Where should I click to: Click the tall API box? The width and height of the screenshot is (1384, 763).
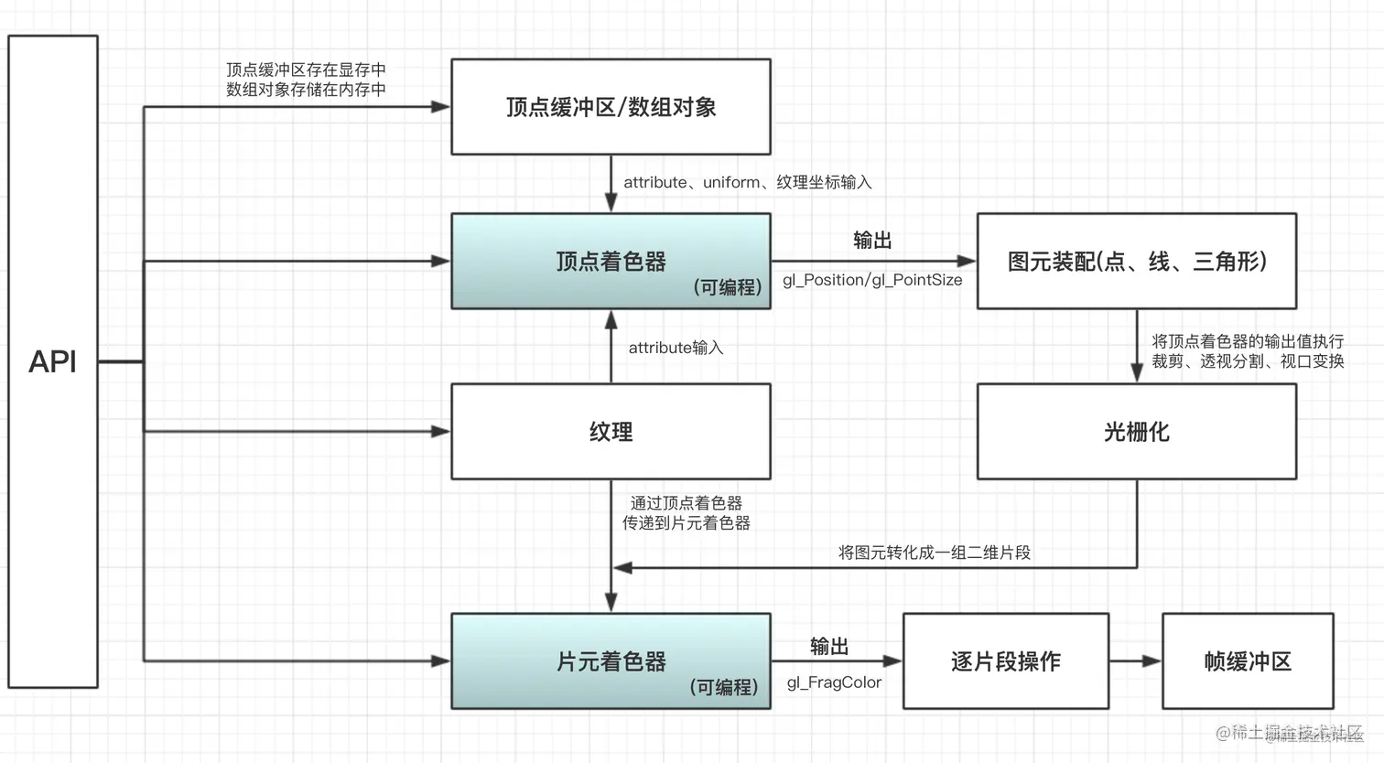click(x=53, y=361)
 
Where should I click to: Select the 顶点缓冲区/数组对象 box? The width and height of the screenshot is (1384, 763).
click(x=611, y=107)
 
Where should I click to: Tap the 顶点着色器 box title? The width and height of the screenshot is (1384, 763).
click(x=611, y=262)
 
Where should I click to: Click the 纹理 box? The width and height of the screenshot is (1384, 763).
click(x=611, y=431)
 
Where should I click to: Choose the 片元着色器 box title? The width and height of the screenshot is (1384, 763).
click(x=611, y=661)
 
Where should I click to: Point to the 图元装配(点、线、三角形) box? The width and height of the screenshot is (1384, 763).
click(x=1136, y=262)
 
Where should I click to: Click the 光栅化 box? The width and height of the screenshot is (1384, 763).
click(x=1136, y=431)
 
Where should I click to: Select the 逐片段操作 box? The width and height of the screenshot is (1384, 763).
click(x=1005, y=661)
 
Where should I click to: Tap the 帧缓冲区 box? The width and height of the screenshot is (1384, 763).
click(x=1247, y=661)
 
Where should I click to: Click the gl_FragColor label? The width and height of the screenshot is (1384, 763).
click(x=834, y=682)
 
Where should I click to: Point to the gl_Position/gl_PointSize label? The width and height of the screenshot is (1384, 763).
click(x=871, y=280)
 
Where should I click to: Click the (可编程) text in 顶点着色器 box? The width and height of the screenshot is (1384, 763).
click(x=728, y=287)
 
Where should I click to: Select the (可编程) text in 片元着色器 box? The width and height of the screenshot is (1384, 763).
click(x=724, y=687)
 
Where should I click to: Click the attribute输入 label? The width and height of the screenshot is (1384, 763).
click(x=676, y=348)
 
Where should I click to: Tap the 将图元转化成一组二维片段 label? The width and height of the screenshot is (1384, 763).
click(x=934, y=553)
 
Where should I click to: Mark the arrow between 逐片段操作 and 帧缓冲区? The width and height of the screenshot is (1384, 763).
click(x=1135, y=661)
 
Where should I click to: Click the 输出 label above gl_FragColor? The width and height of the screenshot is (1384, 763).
click(x=828, y=647)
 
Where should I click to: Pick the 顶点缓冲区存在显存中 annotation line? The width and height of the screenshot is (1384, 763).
click(x=306, y=70)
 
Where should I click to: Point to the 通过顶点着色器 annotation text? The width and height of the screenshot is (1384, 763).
click(x=686, y=503)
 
